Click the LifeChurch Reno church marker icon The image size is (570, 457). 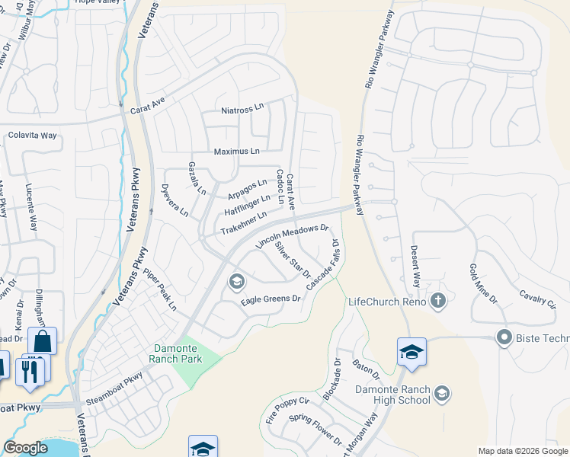437,302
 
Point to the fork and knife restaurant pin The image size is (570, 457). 30,370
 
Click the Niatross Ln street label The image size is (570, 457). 242,109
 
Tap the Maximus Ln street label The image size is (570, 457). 236,151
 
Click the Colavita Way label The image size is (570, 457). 33,136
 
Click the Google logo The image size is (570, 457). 25,448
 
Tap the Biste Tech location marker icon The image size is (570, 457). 503,337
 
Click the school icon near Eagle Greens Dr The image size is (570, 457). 236,283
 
